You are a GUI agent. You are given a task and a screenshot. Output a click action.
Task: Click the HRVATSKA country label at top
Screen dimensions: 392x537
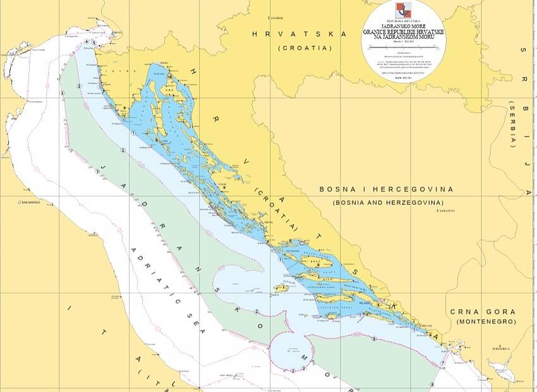point(299,34)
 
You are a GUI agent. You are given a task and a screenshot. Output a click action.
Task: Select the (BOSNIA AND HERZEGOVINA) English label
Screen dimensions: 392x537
point(386,202)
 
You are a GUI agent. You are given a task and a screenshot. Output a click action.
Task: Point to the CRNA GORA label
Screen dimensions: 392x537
point(483,312)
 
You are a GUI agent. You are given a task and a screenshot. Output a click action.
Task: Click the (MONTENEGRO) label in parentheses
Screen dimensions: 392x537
point(483,322)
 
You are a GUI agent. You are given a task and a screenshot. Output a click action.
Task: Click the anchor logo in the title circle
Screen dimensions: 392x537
point(403,11)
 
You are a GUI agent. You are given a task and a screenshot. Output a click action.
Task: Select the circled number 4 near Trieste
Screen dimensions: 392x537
point(86,42)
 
